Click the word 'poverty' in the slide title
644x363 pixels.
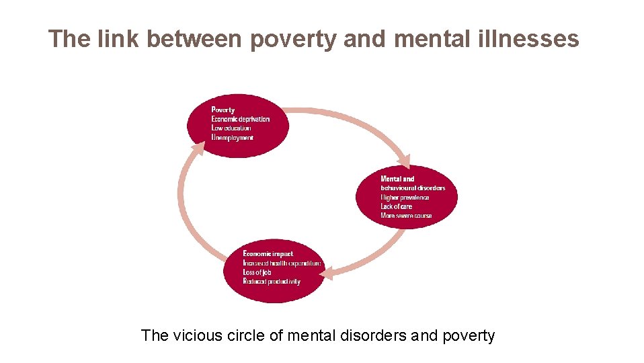(x=292, y=40)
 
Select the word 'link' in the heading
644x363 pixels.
(x=118, y=39)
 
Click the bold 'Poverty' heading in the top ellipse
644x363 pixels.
(x=223, y=110)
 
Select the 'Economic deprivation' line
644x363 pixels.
(x=240, y=119)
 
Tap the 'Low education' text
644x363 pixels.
(x=231, y=128)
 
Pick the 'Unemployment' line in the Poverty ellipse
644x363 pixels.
(x=232, y=137)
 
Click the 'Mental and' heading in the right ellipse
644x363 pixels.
(x=397, y=179)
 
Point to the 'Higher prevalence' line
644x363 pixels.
(x=404, y=197)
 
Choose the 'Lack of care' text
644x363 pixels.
(x=396, y=206)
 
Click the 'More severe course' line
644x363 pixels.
(x=406, y=216)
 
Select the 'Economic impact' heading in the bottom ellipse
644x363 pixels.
(x=268, y=253)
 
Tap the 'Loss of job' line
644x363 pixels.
(x=257, y=272)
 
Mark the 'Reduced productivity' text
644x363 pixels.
(x=272, y=282)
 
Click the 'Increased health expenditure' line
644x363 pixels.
(x=282, y=263)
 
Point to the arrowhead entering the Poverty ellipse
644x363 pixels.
(x=198, y=148)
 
